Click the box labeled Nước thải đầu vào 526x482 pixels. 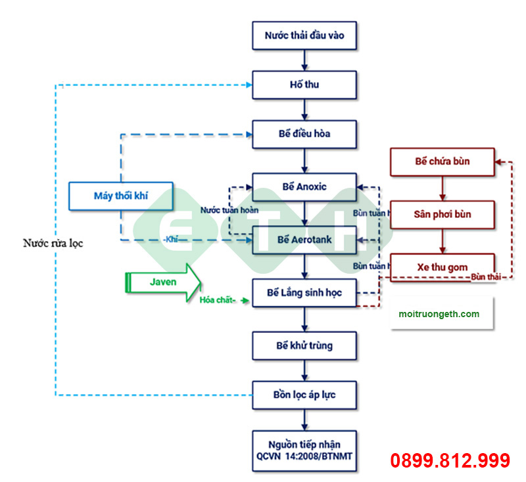coord(304,35)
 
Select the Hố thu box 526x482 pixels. coord(304,85)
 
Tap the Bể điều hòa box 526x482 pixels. coord(304,134)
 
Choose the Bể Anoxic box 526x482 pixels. coord(304,186)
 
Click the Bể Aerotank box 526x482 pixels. coord(304,239)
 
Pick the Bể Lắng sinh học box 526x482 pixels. coord(304,292)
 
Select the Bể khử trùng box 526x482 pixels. coord(304,345)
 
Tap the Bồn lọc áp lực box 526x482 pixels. coord(304,395)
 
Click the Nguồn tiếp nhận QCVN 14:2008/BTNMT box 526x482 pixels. coord(304,450)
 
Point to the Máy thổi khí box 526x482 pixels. coord(121,196)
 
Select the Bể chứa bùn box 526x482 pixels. coord(442,162)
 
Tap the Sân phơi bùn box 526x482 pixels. coord(442,214)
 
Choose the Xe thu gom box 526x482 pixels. coord(442,267)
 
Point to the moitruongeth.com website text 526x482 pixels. coord(439,314)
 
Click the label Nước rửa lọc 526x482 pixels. coord(53,243)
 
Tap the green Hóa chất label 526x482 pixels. coord(217,300)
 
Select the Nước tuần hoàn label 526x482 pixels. coord(229,211)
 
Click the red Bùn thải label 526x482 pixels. coord(486,277)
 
